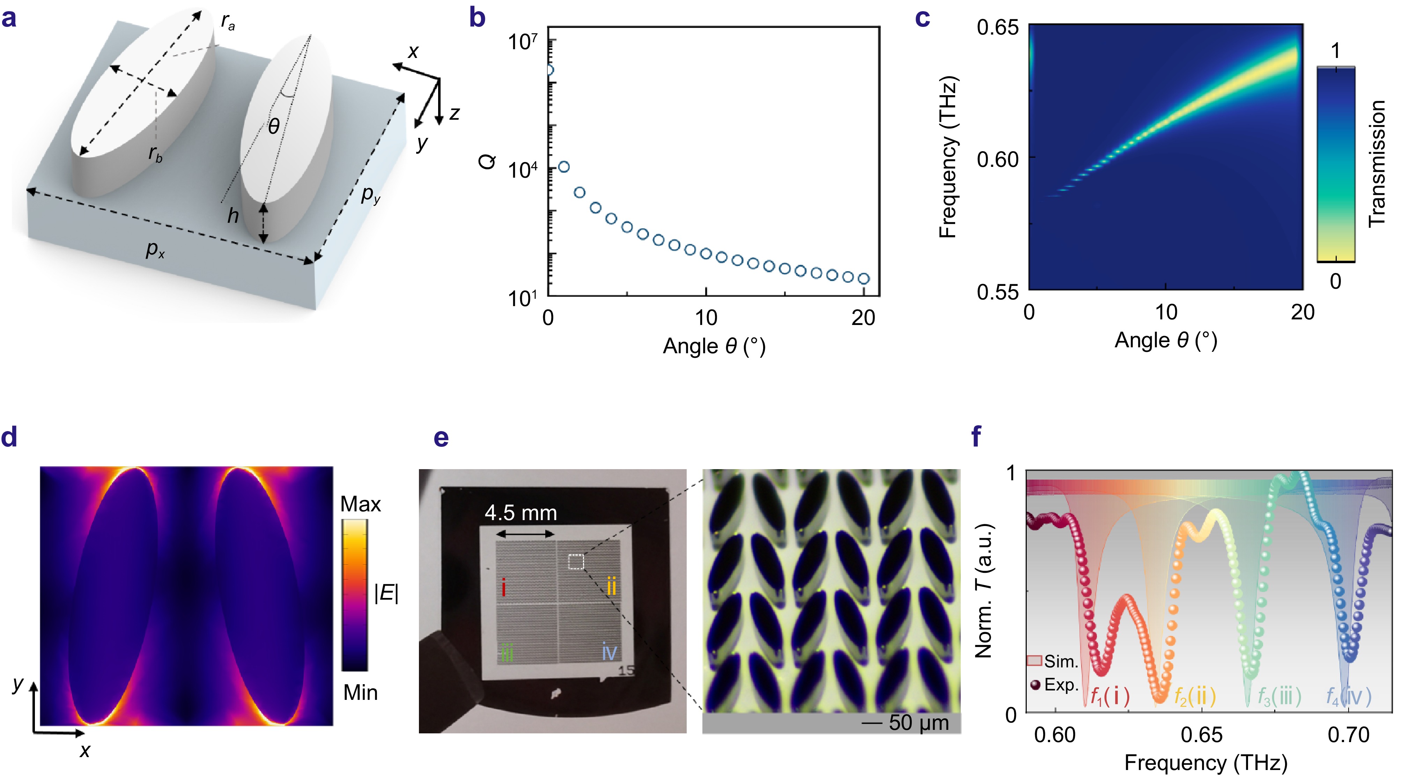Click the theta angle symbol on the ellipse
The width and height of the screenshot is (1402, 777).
274,127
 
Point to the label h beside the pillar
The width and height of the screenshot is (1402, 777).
233,216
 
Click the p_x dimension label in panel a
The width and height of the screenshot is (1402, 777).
155,250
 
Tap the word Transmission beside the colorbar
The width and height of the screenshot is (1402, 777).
1377,163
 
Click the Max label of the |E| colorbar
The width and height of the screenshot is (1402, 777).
360,504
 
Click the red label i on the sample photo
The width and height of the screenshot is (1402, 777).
503,588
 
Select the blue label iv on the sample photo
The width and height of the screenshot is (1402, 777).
609,651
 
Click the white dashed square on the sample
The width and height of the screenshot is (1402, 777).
576,562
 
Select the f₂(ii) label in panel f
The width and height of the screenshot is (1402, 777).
1195,696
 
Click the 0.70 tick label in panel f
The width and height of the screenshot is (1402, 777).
1348,735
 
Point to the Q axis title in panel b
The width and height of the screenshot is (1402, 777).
488,162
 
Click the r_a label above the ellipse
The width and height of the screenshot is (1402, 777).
228,22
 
